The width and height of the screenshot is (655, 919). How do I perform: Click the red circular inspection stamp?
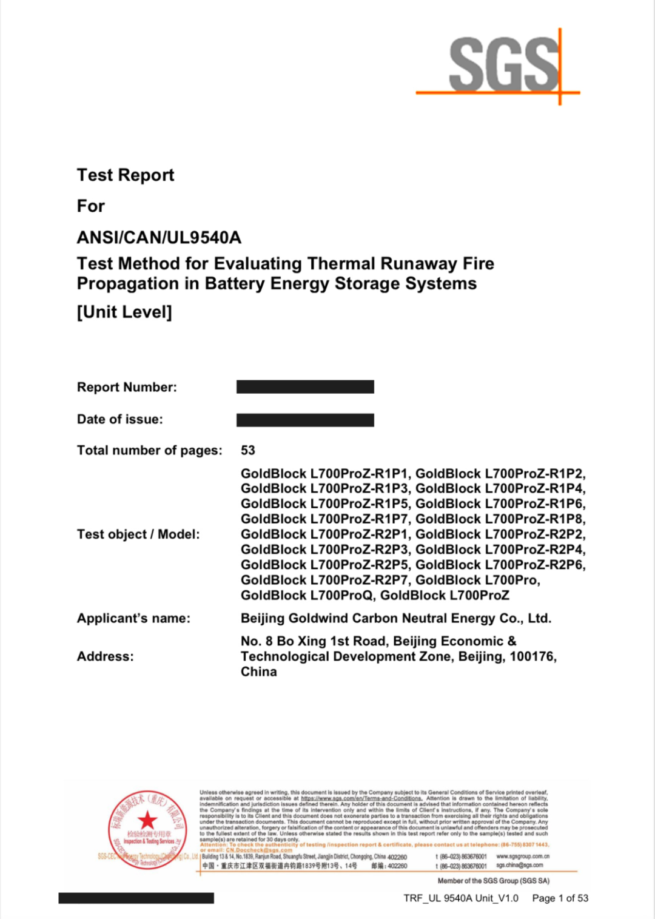coord(147,829)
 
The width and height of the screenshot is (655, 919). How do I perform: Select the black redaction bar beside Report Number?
coord(305,387)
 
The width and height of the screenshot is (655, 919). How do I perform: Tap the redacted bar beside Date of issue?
coord(305,420)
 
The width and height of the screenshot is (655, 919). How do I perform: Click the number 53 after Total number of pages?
coord(248,450)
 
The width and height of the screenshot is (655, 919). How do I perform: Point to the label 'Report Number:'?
coord(127,387)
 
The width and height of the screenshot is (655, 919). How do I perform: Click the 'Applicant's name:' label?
coord(133,618)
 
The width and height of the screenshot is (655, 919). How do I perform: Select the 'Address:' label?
coord(105,656)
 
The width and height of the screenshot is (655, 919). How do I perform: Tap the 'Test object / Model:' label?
coord(138,534)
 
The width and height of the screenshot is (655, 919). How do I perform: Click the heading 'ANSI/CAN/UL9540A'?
coord(159,237)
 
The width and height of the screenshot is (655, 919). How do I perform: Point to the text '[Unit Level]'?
coord(124,312)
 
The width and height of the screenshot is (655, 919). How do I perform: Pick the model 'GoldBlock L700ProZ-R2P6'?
coord(500,565)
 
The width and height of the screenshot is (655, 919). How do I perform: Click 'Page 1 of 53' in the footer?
coord(560,898)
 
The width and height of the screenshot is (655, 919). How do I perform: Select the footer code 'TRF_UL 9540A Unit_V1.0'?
coord(461,898)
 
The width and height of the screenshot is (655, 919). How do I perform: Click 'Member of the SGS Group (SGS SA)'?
coord(493,881)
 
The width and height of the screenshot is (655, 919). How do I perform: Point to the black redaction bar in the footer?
coord(136,898)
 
